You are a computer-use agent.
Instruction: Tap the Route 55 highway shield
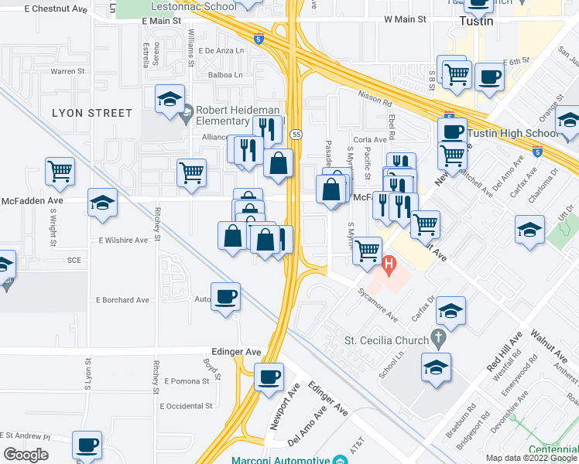click(x=296, y=135)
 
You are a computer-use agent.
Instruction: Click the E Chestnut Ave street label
click(x=56, y=9)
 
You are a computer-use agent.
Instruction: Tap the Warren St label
click(x=68, y=71)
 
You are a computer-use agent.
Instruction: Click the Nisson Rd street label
click(x=375, y=97)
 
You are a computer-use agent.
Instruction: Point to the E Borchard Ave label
click(x=122, y=299)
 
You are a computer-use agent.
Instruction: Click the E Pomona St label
click(x=187, y=381)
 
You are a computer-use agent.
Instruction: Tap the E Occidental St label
click(x=186, y=405)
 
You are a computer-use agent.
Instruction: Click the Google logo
click(x=26, y=455)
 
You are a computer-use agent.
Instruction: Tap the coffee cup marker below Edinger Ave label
click(x=269, y=377)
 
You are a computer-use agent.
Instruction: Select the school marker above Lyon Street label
click(x=170, y=99)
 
